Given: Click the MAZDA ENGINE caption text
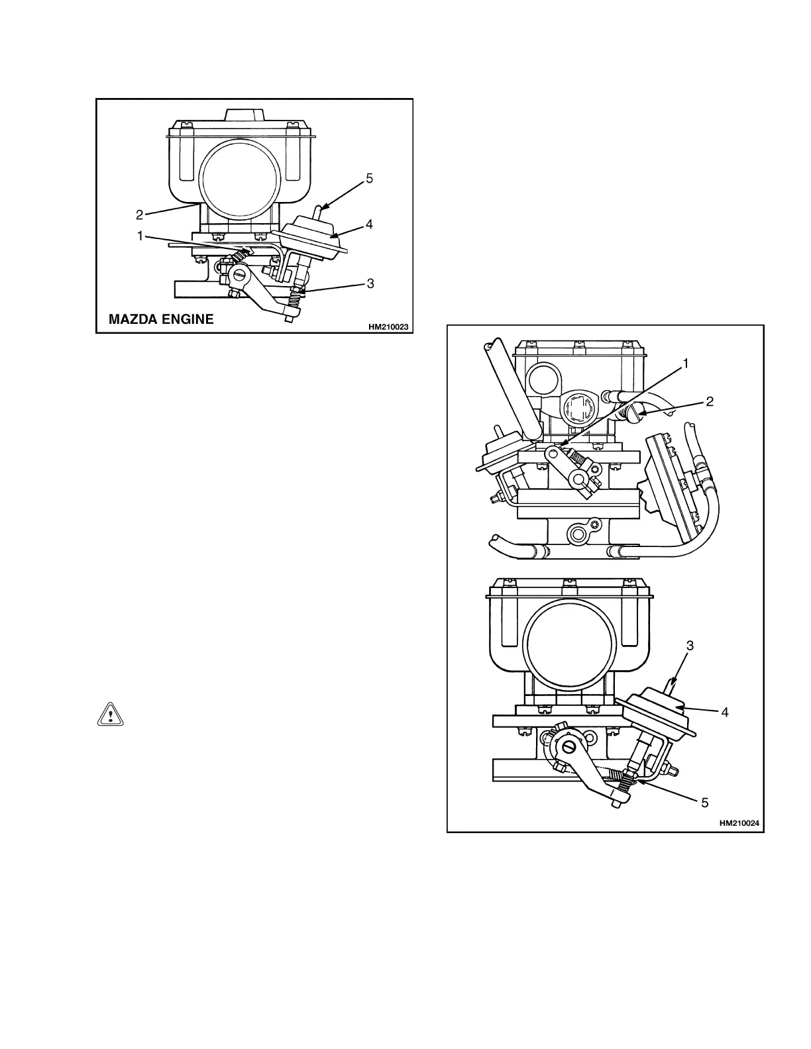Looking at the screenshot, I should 161,319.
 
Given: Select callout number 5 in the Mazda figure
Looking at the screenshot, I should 370,178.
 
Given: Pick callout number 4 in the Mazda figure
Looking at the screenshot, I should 369,225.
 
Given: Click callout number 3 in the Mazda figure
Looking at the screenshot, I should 370,283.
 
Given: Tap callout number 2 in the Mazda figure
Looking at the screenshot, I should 139,215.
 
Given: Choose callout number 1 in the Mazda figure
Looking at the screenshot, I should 140,236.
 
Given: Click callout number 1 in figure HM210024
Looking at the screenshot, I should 686,363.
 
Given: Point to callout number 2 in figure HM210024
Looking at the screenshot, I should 710,401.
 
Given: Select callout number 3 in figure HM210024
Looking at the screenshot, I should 690,645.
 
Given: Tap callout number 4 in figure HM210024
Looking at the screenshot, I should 725,713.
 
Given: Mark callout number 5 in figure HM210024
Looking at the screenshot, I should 705,803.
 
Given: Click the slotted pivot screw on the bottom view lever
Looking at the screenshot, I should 569,746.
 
